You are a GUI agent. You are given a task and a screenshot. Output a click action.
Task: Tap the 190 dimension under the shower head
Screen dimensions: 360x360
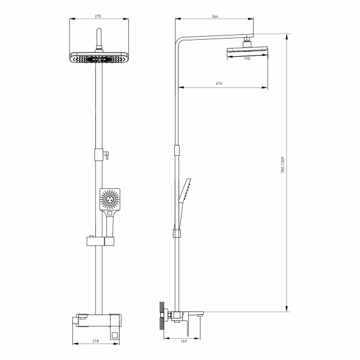(x=247, y=60)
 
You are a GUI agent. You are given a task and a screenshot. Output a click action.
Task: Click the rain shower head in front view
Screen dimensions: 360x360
(x=98, y=58)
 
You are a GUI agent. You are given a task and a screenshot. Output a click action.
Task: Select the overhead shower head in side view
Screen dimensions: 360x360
(x=247, y=51)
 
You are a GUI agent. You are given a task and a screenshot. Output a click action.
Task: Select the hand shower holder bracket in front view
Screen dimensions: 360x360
(x=98, y=240)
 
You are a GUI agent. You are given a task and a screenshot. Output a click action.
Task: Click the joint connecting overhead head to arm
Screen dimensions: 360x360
(x=247, y=41)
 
